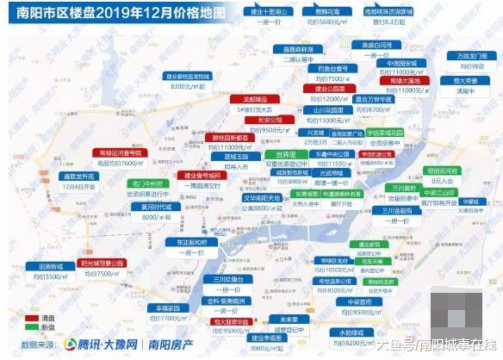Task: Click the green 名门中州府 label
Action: (x=148, y=183)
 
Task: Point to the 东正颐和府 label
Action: (x=184, y=243)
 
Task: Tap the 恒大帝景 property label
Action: (x=466, y=79)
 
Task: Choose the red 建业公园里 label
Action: (x=329, y=89)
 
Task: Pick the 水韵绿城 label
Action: (x=352, y=332)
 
